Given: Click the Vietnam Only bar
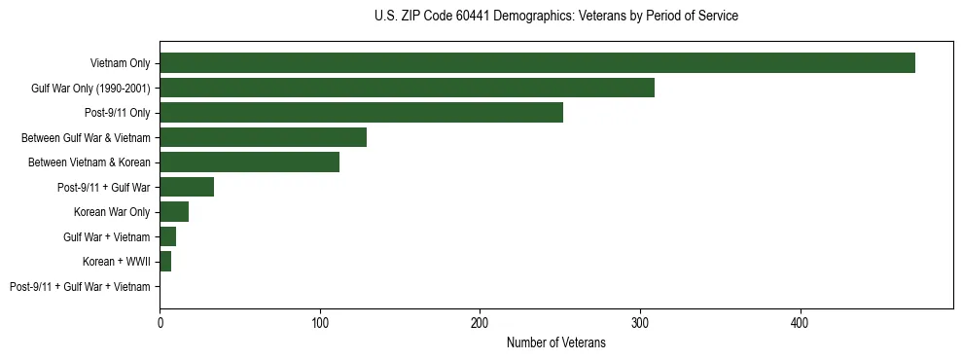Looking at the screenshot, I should (x=537, y=63).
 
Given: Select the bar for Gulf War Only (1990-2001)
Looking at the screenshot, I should (x=407, y=88).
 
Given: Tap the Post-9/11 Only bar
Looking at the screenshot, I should (x=361, y=113).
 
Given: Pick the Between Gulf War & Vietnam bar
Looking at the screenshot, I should (x=263, y=137).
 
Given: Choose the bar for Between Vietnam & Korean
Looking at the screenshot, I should (x=249, y=162).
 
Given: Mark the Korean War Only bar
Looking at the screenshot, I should (x=174, y=212).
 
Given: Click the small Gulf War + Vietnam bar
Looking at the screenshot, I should (x=167, y=236).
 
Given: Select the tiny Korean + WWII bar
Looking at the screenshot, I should (x=165, y=262).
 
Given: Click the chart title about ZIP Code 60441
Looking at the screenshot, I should (x=555, y=17).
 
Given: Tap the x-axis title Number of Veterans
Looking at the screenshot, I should (x=555, y=342).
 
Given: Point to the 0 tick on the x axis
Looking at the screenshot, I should (x=160, y=322).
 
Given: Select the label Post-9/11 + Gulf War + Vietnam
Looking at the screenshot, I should (x=80, y=287).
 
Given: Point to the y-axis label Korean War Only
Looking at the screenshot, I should (x=112, y=212).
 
